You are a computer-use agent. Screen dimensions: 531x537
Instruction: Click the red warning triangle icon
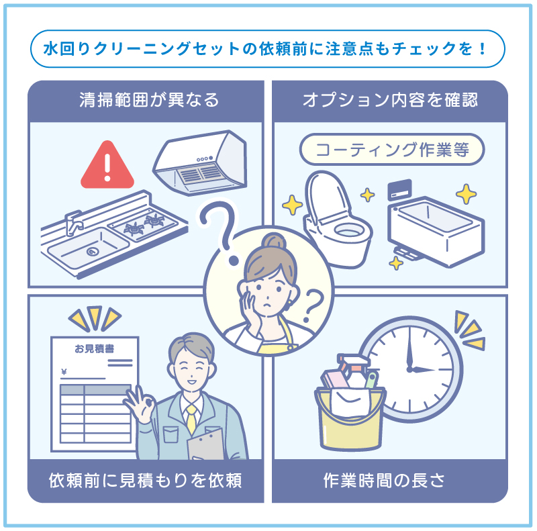(107, 167)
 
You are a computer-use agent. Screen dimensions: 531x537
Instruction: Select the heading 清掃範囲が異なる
(148, 101)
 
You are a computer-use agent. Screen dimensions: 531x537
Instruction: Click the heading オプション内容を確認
(390, 101)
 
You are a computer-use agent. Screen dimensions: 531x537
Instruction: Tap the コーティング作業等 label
(391, 149)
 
